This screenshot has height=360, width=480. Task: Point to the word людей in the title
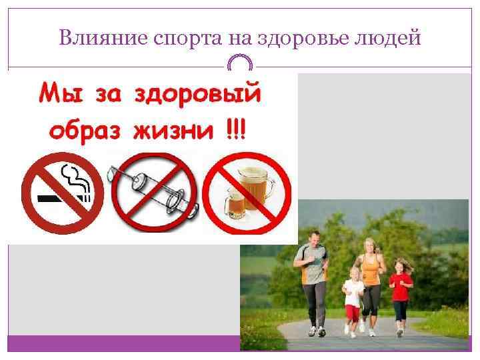coord(390,39)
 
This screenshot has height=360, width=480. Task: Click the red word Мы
coord(61,95)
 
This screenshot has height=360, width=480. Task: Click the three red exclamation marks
coord(235,127)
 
